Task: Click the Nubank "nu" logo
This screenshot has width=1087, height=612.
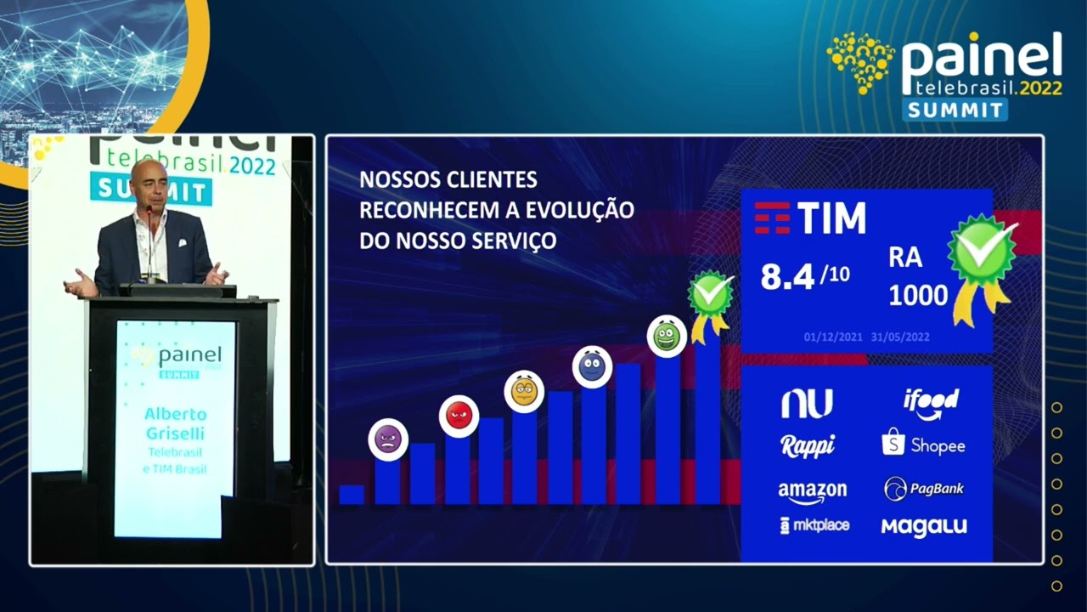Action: point(807,404)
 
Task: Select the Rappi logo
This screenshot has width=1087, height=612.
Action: point(808,445)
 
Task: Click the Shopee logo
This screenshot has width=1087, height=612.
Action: point(923,444)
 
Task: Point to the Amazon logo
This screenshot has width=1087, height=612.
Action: point(812,491)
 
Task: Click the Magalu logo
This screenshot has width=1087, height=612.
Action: point(924,526)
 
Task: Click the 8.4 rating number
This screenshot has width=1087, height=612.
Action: point(787,276)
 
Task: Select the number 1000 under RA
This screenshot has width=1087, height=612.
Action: point(918,295)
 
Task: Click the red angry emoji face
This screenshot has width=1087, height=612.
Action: point(459,416)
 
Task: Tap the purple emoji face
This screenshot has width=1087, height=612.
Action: point(388,439)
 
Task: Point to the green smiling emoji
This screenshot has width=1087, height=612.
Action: point(667,337)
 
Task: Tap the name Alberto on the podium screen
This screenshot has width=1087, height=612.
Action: point(175,414)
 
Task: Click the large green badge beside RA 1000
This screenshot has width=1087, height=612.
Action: point(983,253)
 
